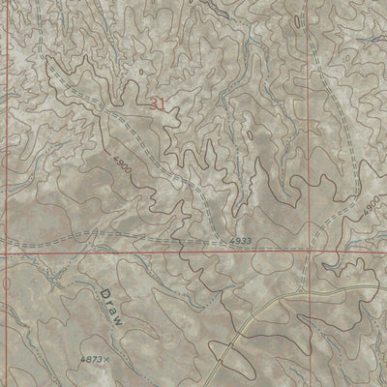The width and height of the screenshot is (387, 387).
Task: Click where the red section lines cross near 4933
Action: [x=313, y=249]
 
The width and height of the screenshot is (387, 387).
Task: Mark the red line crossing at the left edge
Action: [x=2, y=253]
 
